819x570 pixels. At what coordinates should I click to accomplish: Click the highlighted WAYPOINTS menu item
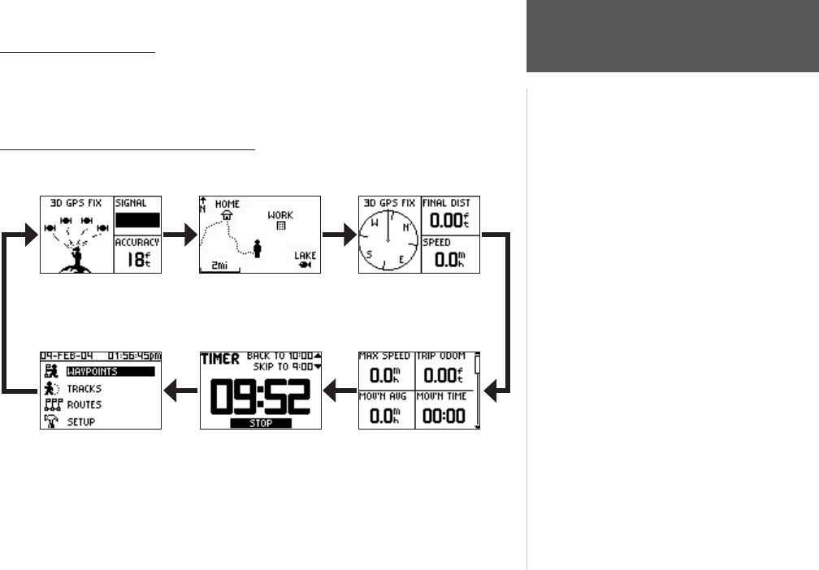click(x=109, y=372)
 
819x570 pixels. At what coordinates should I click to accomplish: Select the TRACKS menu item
click(x=84, y=389)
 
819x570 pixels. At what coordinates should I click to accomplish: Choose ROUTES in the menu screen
click(x=84, y=405)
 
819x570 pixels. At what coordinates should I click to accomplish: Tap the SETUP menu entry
click(x=81, y=422)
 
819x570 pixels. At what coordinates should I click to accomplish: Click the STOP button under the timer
click(x=260, y=424)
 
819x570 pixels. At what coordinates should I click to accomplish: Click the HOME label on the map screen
click(x=227, y=205)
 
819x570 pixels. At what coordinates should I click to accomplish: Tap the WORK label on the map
click(x=280, y=215)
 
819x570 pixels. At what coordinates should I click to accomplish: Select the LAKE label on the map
click(x=305, y=255)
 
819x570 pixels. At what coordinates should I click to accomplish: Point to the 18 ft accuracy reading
click(x=137, y=259)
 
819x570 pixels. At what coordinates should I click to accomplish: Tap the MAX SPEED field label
click(x=385, y=356)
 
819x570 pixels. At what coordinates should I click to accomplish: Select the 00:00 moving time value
click(x=443, y=413)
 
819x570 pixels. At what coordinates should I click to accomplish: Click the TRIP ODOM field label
click(x=443, y=356)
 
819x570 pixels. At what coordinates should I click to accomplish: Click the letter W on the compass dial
click(x=375, y=221)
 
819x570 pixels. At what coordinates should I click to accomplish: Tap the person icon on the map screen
click(x=258, y=248)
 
